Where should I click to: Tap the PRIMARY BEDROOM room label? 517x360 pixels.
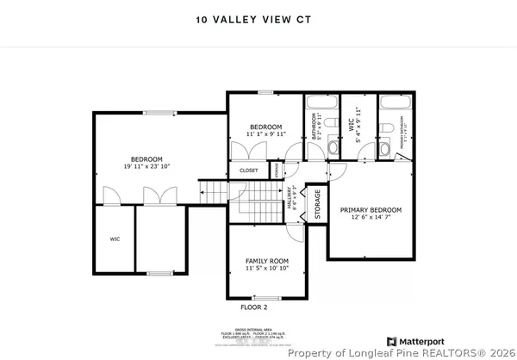pos(371,209)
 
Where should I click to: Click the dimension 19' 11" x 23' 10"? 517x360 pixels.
pos(146,167)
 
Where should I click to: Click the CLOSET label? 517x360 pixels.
pos(249,171)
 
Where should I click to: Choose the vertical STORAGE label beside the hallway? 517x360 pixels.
pos(317,204)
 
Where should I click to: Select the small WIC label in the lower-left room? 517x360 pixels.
pos(114,239)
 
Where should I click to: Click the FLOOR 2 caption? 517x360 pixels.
pos(254,307)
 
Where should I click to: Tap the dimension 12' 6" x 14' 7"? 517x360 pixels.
pos(371,218)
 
